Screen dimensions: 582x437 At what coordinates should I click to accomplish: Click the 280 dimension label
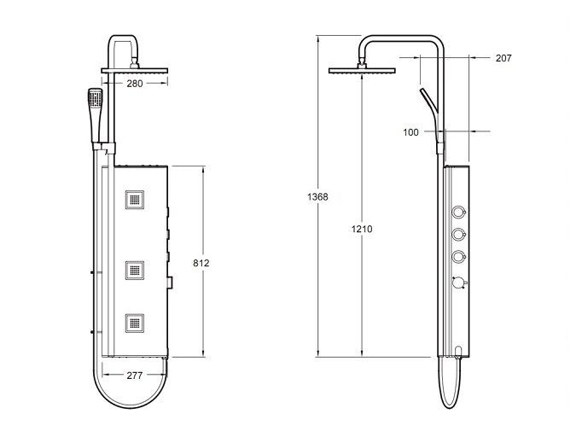tap(134, 84)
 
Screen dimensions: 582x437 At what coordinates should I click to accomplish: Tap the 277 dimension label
tap(134, 376)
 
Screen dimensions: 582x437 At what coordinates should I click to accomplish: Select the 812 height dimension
tap(201, 263)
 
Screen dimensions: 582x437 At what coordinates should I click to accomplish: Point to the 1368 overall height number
tap(317, 197)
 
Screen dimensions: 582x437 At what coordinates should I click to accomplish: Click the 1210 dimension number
tap(362, 229)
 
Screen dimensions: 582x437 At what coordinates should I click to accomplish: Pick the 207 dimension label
tap(503, 58)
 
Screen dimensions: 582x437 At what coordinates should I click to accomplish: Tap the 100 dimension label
tap(410, 132)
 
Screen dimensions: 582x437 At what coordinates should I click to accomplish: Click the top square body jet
tap(134, 200)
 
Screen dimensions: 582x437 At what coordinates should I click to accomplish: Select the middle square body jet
tap(134, 271)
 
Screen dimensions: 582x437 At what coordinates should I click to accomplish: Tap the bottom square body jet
tap(134, 323)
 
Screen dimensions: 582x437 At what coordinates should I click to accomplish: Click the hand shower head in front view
tap(95, 98)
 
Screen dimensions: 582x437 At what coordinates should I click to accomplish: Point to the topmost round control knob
tap(459, 213)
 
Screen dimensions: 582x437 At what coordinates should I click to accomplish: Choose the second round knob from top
tap(459, 234)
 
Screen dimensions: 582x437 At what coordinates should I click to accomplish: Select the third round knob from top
tap(459, 257)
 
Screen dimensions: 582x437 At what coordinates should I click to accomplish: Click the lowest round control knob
tap(459, 283)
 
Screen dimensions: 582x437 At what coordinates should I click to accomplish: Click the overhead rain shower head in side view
tap(362, 70)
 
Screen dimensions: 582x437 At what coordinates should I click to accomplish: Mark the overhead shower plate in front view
tap(134, 70)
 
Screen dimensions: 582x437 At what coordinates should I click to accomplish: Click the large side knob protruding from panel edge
tap(171, 283)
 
